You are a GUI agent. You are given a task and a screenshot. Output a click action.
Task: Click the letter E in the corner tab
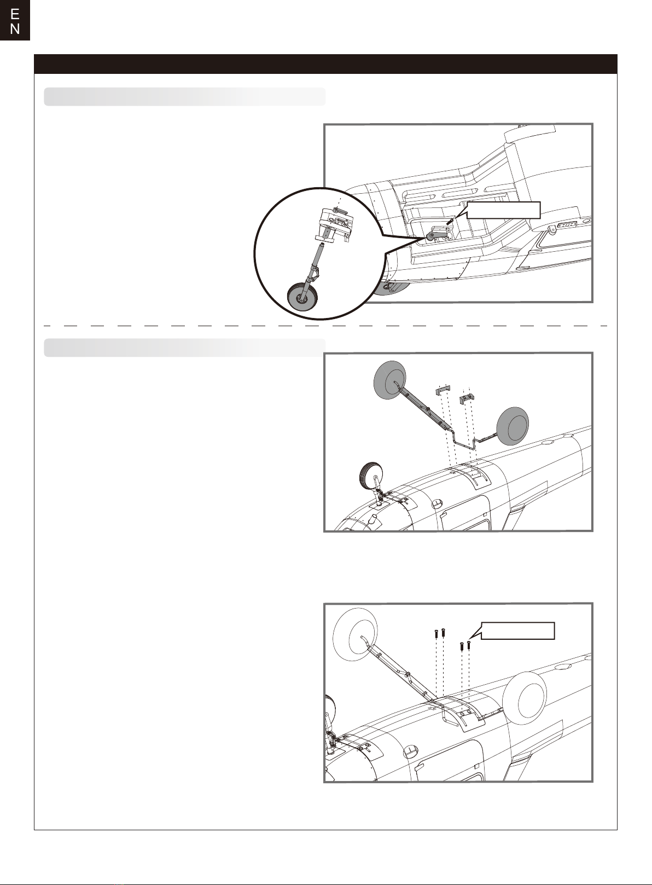click(x=15, y=14)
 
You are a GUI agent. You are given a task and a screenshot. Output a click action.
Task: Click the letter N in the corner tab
click(x=15, y=29)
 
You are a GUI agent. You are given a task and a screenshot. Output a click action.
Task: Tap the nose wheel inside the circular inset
click(x=303, y=298)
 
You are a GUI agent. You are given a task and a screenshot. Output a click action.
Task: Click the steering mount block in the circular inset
click(x=335, y=224)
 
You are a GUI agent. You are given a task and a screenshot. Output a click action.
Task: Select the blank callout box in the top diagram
click(x=503, y=210)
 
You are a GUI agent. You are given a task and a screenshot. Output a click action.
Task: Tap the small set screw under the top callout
click(x=450, y=221)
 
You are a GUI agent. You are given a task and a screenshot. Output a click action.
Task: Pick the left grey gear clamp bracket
click(x=443, y=391)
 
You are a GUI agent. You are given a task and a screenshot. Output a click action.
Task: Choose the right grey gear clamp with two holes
click(x=467, y=398)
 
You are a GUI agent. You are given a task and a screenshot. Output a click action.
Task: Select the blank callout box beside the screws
click(x=518, y=631)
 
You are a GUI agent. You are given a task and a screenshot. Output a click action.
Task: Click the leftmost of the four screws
click(x=435, y=633)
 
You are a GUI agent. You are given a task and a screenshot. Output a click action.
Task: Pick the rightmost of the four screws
click(x=469, y=644)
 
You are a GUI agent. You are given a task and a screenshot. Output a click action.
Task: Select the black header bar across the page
click(x=325, y=64)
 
